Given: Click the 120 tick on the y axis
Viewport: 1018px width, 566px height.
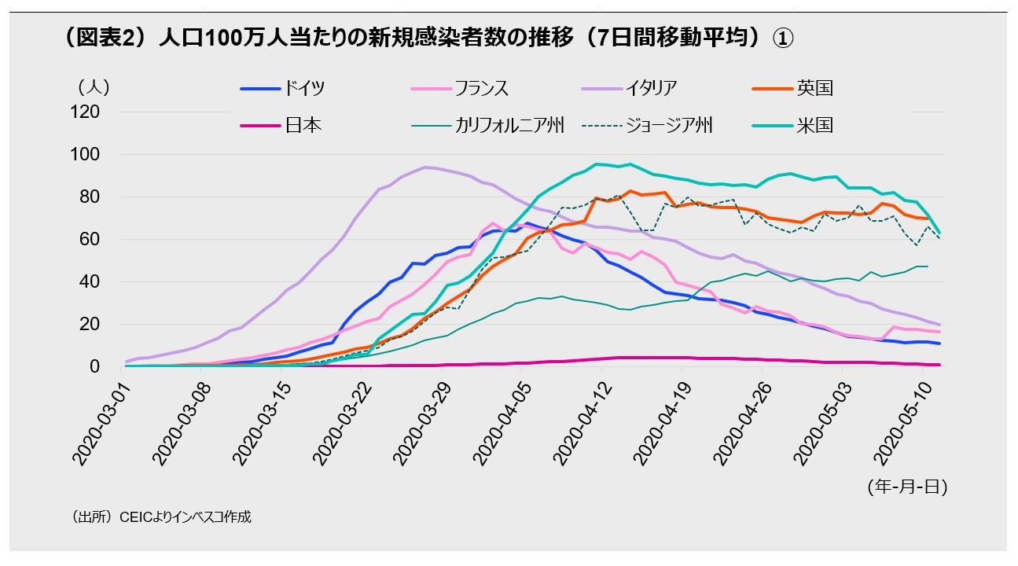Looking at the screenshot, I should (86, 112).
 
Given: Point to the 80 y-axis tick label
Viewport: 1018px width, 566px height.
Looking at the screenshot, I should (90, 197).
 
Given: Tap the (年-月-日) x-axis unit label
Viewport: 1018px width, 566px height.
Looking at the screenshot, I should (907, 487).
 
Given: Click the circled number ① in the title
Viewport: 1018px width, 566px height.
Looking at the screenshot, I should (781, 39).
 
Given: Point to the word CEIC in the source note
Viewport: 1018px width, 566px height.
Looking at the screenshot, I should (134, 517).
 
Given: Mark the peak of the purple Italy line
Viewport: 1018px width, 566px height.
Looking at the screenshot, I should (425, 167).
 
